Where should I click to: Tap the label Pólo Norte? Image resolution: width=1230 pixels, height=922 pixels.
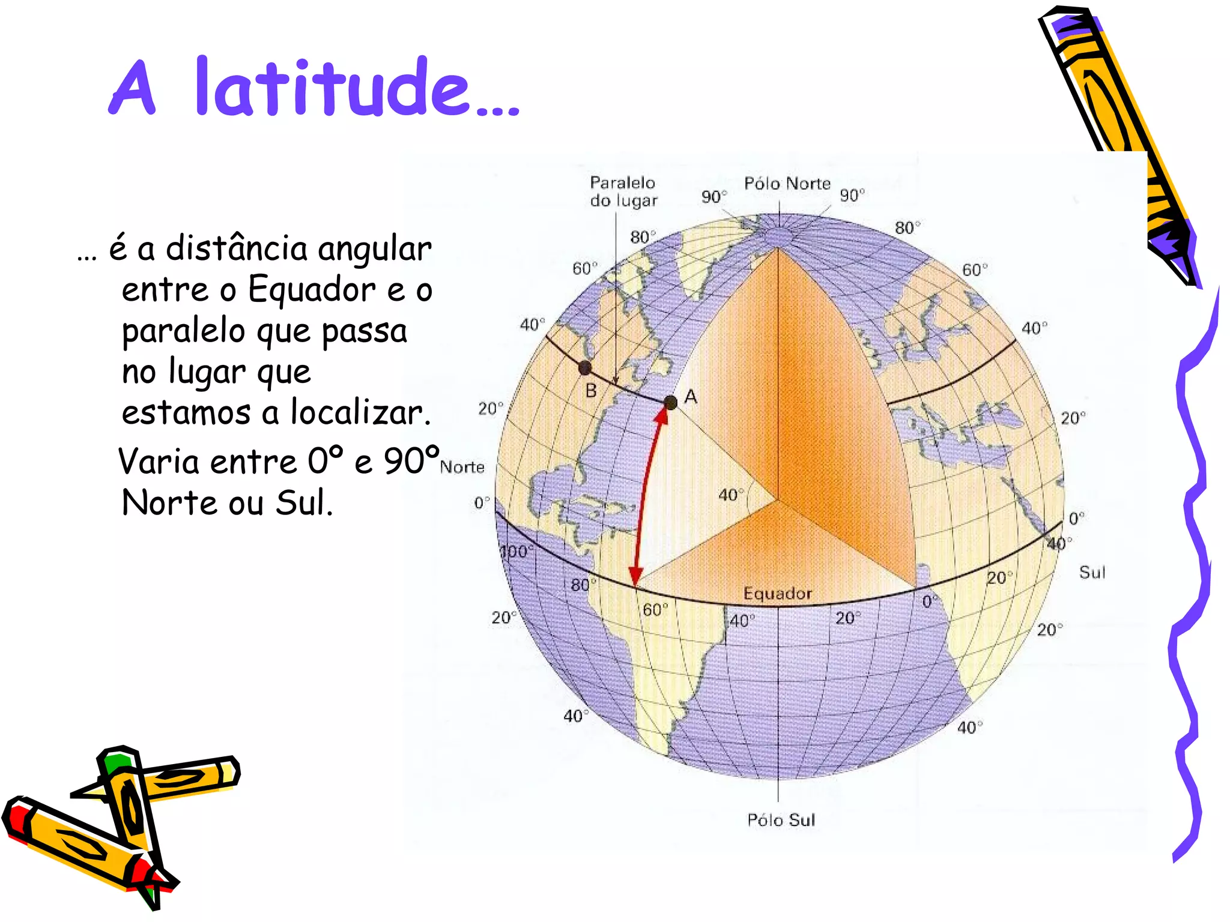click(787, 184)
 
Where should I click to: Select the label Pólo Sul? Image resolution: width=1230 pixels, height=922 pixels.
click(781, 820)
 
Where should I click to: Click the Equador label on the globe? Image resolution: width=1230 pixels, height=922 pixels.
click(777, 594)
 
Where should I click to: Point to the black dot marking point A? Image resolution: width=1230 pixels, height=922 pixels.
click(671, 403)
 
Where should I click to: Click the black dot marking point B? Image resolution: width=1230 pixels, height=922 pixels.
click(584, 367)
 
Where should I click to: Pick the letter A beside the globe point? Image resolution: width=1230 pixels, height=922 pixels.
click(691, 397)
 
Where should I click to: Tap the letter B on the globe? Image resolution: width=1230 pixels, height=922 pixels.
click(591, 391)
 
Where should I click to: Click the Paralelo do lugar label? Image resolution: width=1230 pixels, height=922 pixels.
click(623, 191)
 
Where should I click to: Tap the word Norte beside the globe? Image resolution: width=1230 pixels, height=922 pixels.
click(462, 467)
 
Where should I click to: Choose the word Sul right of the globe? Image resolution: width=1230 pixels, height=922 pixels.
click(1092, 572)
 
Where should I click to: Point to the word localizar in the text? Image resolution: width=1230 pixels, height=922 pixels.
click(360, 412)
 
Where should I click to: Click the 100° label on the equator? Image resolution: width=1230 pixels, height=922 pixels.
click(515, 552)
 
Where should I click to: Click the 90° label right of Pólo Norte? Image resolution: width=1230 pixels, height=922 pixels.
click(852, 195)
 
